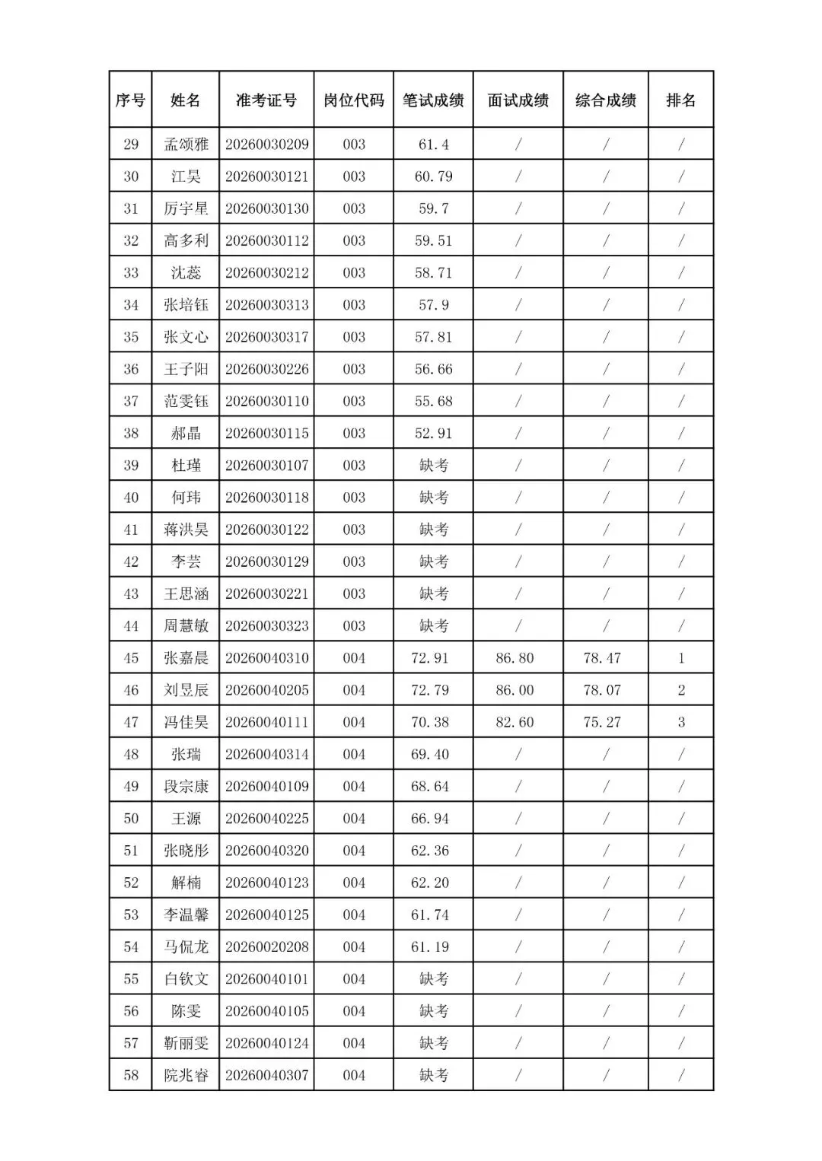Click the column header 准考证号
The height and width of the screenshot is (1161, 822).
coord(266,100)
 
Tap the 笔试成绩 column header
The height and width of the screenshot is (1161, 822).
coord(433,100)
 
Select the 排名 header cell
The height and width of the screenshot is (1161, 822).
coord(680,100)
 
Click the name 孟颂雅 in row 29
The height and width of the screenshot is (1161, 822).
coord(186,145)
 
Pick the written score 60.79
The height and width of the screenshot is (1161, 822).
coord(433,177)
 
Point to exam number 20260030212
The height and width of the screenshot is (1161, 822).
coord(266,273)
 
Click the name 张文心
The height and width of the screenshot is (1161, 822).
coord(186,337)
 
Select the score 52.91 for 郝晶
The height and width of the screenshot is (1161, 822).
coord(433,434)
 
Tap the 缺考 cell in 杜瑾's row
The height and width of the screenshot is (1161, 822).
coord(433,466)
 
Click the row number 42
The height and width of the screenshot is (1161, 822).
coord(131,562)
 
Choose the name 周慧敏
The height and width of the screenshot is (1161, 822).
coord(186,626)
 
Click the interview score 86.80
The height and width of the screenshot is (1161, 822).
coord(515,658)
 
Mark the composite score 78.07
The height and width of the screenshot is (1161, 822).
coord(602,690)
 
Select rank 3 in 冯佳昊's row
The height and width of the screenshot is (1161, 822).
coord(680,722)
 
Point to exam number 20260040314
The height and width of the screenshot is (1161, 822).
coord(266,755)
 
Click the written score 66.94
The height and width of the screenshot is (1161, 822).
coord(430,819)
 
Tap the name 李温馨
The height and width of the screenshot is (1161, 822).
coord(186,915)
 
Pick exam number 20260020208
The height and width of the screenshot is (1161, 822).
coord(266,947)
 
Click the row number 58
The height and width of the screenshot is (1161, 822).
coord(131,1076)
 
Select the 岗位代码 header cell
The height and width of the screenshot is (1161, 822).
coord(354,100)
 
